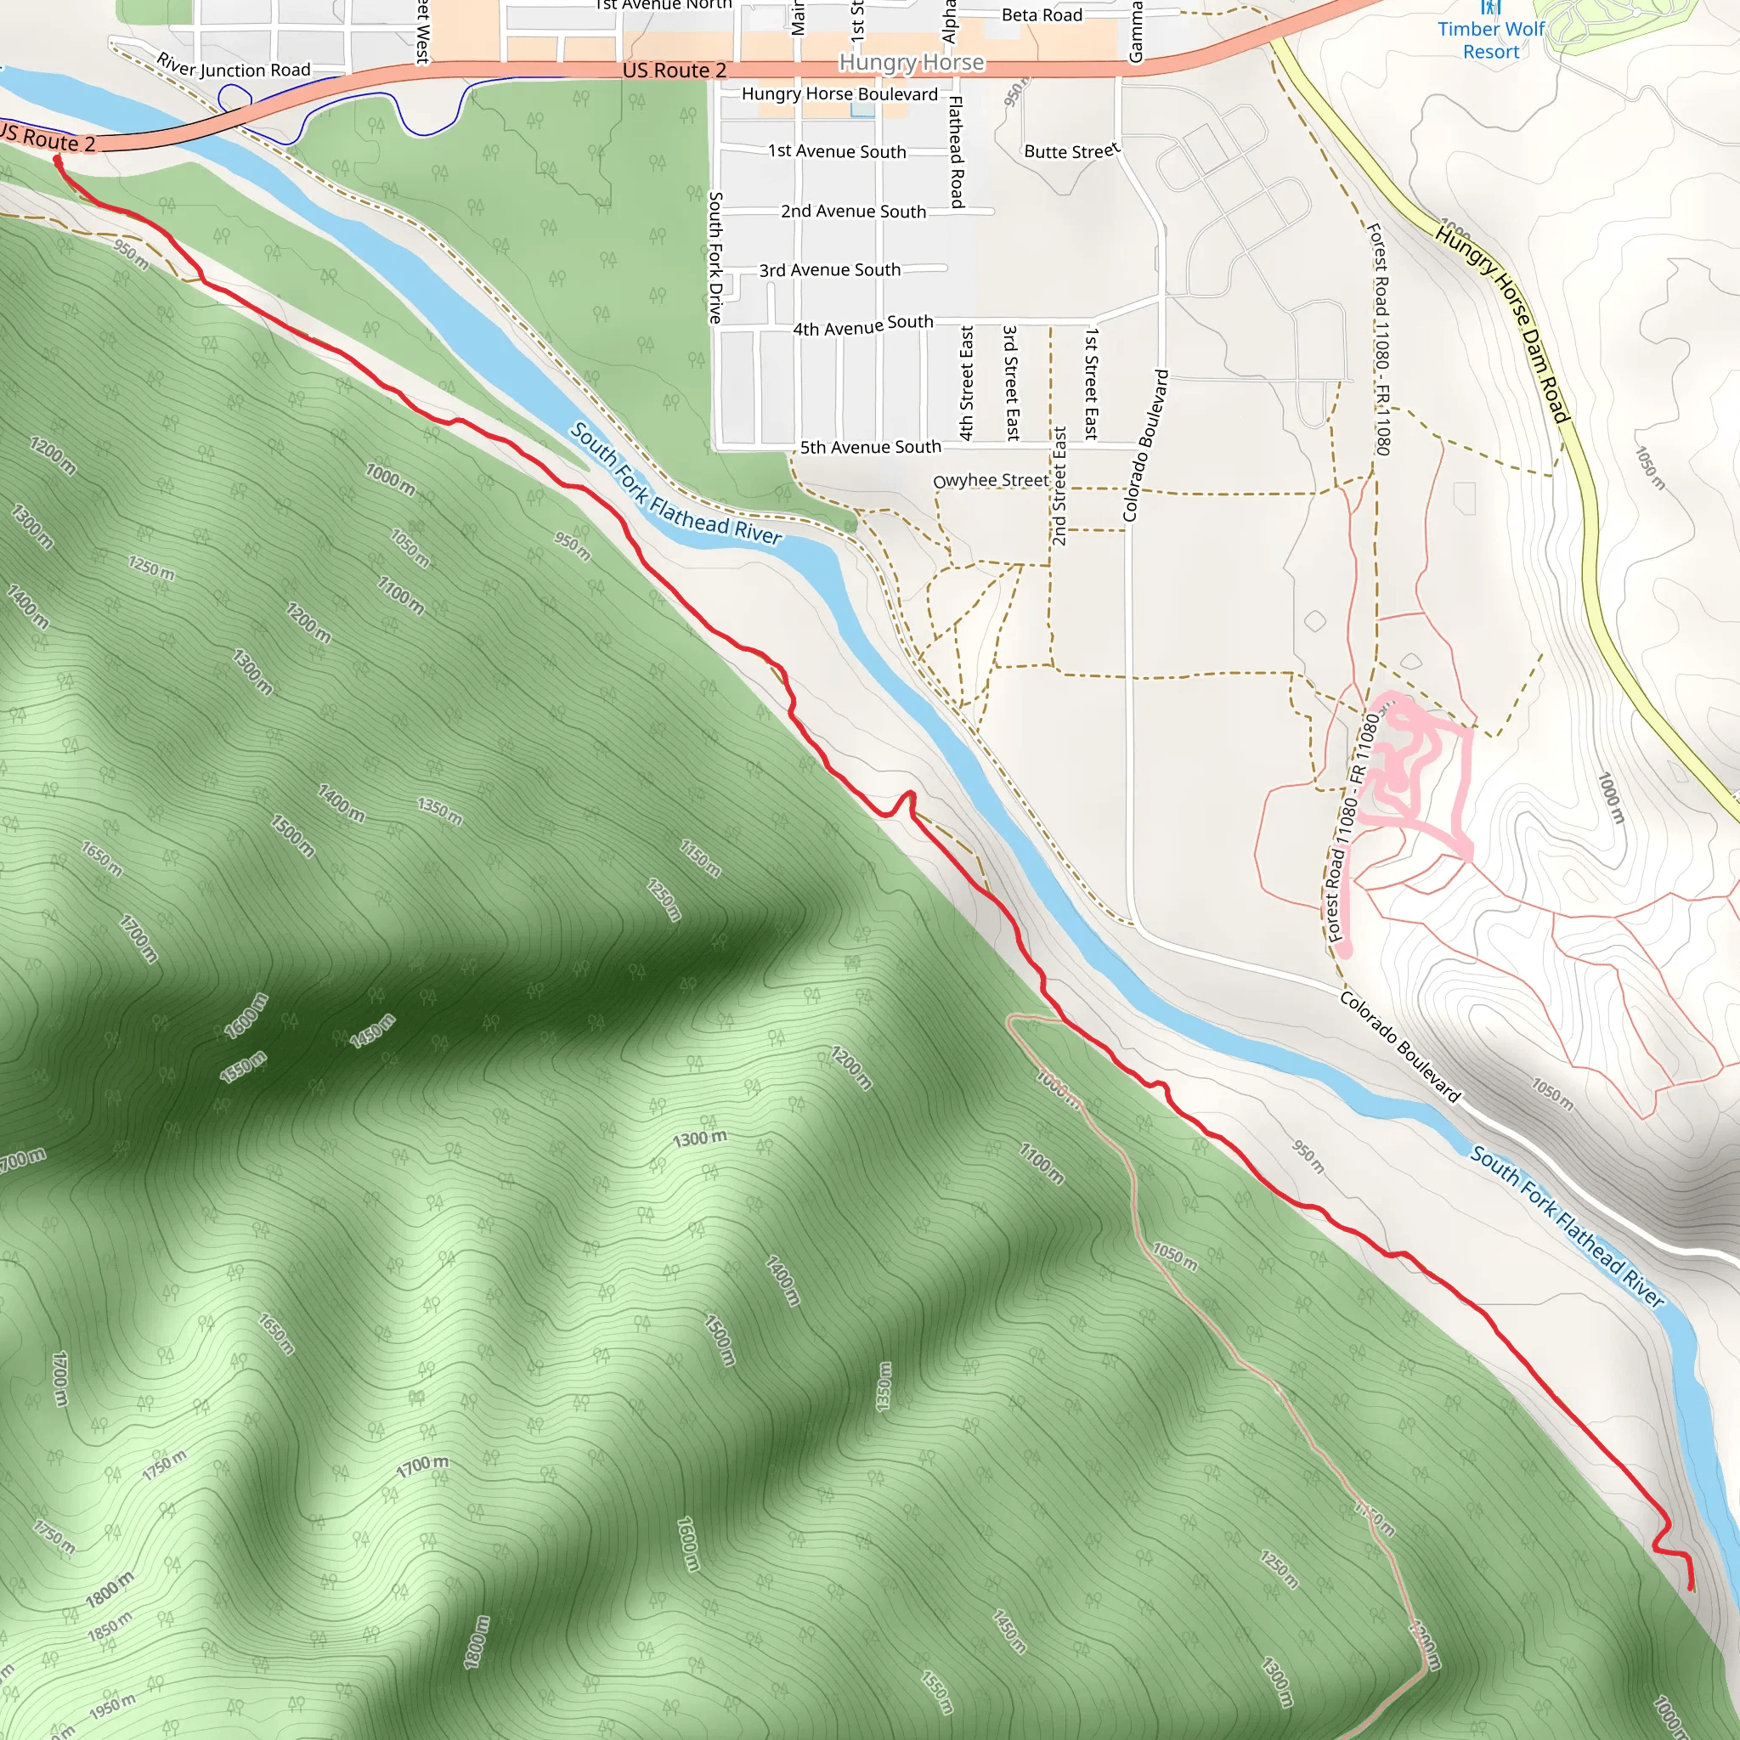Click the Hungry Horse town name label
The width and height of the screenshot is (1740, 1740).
(x=912, y=62)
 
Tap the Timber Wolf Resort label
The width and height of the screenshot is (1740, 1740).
(x=1490, y=41)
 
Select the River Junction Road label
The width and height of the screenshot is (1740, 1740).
(x=234, y=66)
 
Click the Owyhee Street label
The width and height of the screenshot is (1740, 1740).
(x=991, y=480)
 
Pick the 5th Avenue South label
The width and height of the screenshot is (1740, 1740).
(x=870, y=448)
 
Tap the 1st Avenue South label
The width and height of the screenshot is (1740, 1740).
(x=837, y=151)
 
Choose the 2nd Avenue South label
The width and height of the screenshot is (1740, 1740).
(x=853, y=212)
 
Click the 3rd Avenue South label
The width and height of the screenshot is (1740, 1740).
(x=829, y=270)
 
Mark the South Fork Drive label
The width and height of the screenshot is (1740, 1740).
(x=715, y=257)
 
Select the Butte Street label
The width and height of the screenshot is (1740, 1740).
(x=1071, y=150)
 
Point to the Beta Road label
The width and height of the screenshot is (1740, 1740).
(x=1042, y=15)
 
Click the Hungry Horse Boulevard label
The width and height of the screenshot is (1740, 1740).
(x=839, y=94)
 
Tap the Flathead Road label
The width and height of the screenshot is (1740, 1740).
(x=957, y=151)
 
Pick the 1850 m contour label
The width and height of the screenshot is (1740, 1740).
(x=110, y=1626)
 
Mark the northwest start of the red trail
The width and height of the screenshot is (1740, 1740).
(x=57, y=160)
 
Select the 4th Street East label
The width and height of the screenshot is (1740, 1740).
(x=966, y=383)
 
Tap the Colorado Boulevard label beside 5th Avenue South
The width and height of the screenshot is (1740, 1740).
(x=1144, y=445)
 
